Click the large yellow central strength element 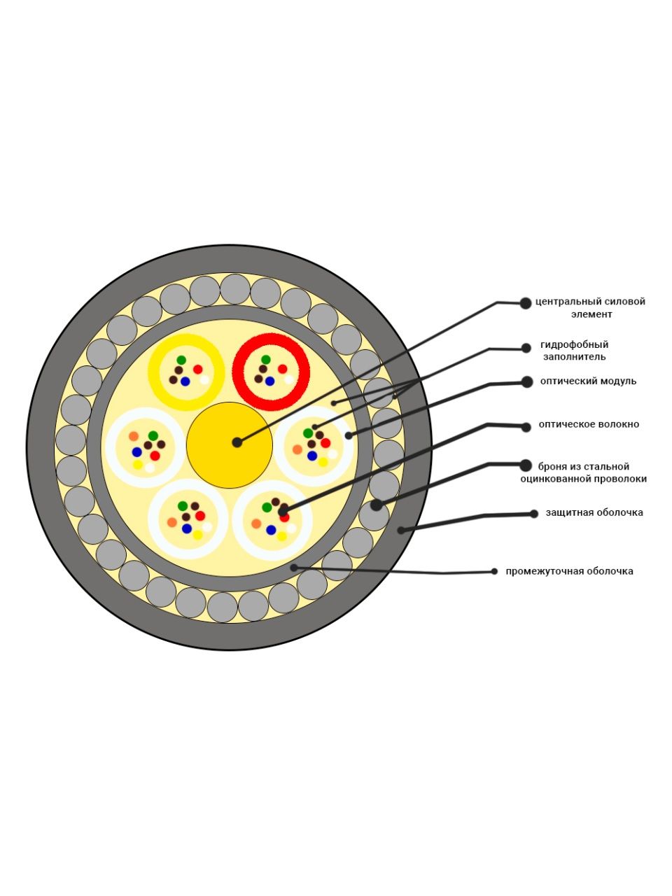coord(230,445)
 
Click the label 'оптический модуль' coord(588,381)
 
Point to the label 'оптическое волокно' coord(589,424)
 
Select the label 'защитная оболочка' coord(594,512)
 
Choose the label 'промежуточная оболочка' coord(569,571)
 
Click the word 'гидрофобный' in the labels coord(574,345)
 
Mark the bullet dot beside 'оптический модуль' coord(526,382)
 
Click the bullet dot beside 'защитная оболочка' coord(533,514)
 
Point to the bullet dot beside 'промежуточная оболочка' coord(494,571)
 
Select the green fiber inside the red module coord(265,360)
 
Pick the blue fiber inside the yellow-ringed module coord(185,381)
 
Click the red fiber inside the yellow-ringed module coord(198,370)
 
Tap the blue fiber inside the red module coord(269,381)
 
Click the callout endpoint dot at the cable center coord(237,442)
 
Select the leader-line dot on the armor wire coord(376,505)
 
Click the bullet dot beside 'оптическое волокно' coord(526,427)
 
